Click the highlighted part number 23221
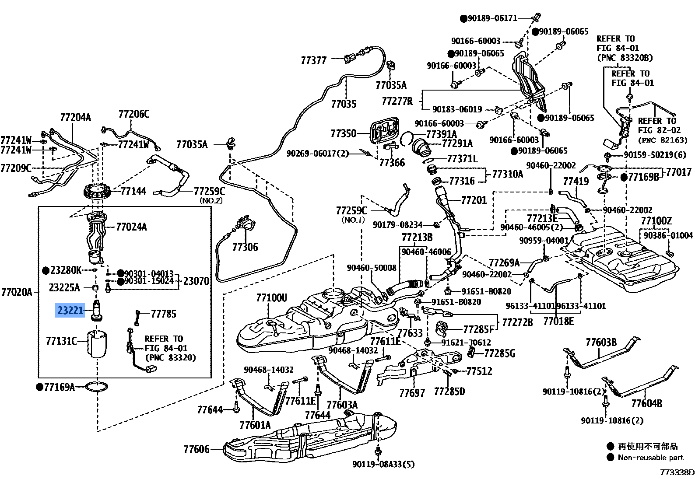coord(70,311)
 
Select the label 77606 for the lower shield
coord(197,449)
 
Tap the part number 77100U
coord(271,298)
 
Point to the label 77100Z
coord(656,221)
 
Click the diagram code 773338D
coord(677,472)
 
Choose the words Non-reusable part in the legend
coord(650,458)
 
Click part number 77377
coord(313,60)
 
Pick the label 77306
coord(245,247)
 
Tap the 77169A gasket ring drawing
coord(97,387)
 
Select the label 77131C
coord(61,341)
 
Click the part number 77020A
coord(17,292)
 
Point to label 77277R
coord(397,101)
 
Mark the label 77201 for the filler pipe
coord(474,200)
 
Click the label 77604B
coord(646,403)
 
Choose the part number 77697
coord(412,393)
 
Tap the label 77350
coord(344,133)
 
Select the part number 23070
coord(196,281)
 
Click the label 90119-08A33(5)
coord(384,465)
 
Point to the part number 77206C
coord(133,114)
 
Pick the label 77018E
coord(558,321)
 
